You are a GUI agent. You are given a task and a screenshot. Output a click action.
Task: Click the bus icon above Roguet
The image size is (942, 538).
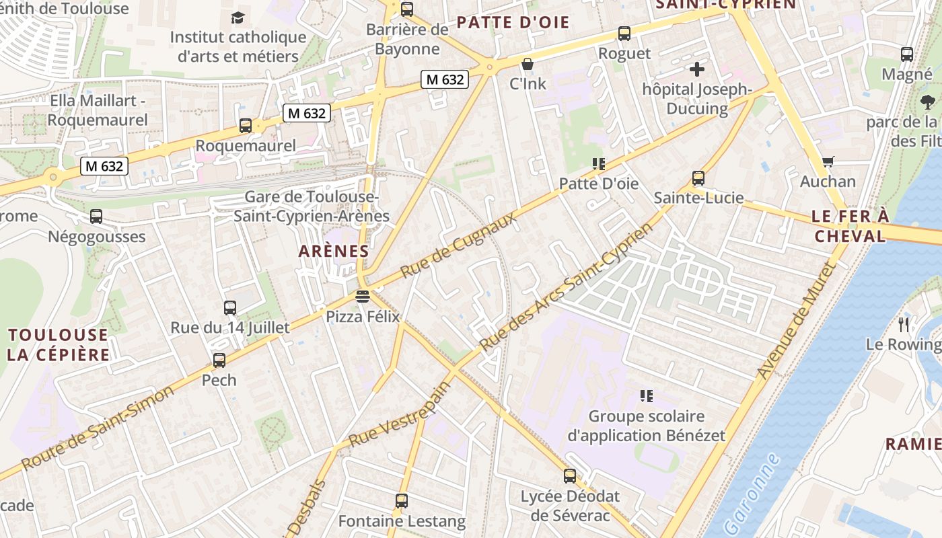pyautogui.click(x=624, y=33)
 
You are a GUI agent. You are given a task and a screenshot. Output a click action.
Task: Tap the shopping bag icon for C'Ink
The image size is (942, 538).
pyautogui.click(x=528, y=64)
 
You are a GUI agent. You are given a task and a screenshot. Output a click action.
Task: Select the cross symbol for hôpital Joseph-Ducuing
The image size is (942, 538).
pyautogui.click(x=697, y=69)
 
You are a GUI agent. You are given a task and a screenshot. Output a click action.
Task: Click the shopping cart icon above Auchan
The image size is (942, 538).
pyautogui.click(x=828, y=161)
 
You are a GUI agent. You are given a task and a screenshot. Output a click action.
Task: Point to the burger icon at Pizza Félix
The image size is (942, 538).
pyautogui.click(x=363, y=296)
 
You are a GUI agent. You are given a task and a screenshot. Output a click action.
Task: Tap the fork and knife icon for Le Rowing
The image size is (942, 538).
pyautogui.click(x=904, y=324)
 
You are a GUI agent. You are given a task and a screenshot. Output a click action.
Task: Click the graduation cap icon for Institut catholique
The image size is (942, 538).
pyautogui.click(x=238, y=17)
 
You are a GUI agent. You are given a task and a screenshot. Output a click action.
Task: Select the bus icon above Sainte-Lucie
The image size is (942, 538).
pyautogui.click(x=698, y=178)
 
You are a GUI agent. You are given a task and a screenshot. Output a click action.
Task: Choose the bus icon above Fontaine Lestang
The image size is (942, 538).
pyautogui.click(x=402, y=501)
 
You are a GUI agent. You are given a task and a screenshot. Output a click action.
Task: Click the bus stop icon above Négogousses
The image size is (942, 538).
pyautogui.click(x=96, y=217)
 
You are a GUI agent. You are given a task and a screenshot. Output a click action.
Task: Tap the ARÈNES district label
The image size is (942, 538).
pyautogui.click(x=334, y=252)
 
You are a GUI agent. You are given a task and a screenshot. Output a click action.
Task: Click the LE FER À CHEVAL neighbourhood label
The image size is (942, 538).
pyautogui.click(x=850, y=226)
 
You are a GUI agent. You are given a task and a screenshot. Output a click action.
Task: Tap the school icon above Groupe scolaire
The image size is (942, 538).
pyautogui.click(x=647, y=396)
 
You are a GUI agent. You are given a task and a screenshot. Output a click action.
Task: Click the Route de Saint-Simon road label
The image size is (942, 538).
pyautogui.click(x=98, y=428)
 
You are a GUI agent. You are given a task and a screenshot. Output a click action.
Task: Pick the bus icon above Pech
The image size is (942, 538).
pyautogui.click(x=219, y=360)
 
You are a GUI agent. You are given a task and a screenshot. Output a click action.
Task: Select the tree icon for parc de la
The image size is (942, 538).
pyautogui.click(x=928, y=102)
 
